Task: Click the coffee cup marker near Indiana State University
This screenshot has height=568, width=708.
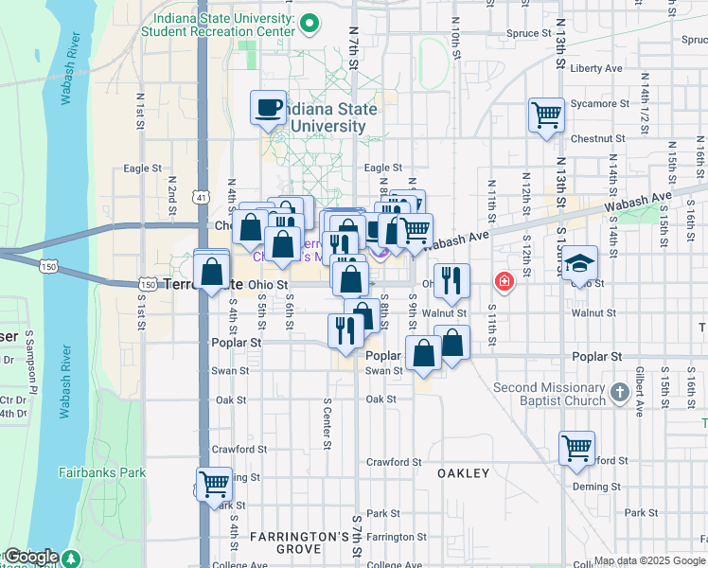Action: click(269, 107)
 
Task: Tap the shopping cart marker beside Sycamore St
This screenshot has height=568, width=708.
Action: click(546, 115)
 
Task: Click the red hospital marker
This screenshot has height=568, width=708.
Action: click(504, 281)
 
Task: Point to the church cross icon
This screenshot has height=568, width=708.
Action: click(619, 393)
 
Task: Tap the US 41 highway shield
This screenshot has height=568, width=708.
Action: click(201, 197)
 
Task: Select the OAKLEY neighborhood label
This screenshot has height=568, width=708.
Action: click(464, 472)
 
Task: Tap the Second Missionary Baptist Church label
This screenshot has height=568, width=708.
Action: click(549, 394)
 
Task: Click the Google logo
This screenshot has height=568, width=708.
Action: click(32, 557)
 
